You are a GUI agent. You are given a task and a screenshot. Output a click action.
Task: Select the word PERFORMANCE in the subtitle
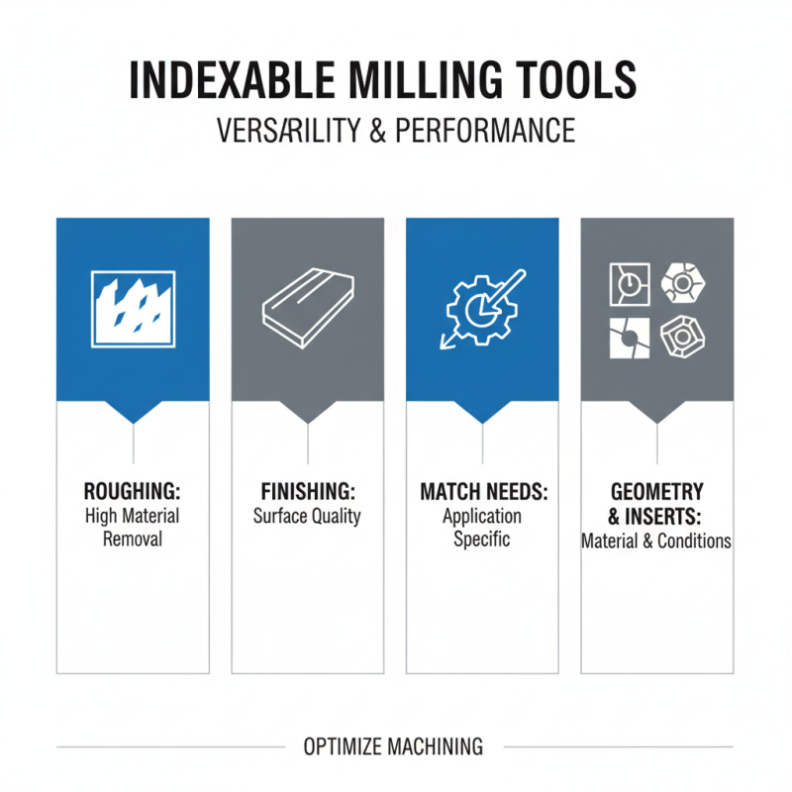coord(486,130)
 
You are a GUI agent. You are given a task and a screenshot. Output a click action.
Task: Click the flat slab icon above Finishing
coord(307,308)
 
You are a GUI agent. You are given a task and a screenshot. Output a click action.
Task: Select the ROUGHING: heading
coord(133,492)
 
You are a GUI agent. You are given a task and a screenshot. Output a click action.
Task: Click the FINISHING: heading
coord(307,492)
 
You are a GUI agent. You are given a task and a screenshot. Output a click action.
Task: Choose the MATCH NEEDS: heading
coord(483,492)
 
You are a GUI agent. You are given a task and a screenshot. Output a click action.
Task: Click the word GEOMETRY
coord(657,492)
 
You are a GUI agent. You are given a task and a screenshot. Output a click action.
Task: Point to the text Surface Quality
coord(307,516)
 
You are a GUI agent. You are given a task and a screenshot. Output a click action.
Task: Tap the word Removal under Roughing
coord(133,540)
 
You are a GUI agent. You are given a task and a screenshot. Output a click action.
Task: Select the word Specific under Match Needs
coord(482,540)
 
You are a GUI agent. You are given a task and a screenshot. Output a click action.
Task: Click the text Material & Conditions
coord(656,542)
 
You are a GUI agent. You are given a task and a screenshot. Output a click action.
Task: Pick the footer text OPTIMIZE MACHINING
coord(394,745)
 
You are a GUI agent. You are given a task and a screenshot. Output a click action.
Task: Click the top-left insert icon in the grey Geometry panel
coord(626,285)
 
